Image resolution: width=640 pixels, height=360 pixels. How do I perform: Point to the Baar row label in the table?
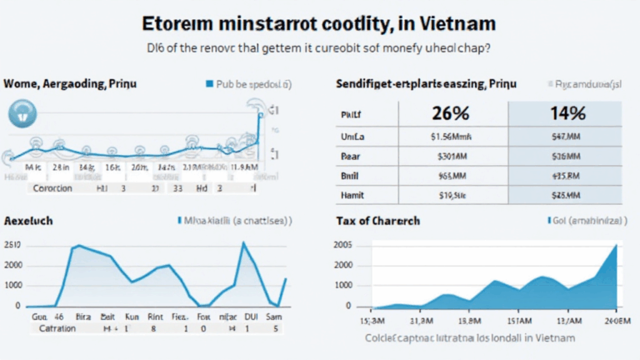click(349, 155)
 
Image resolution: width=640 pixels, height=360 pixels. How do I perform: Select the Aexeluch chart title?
click(30, 221)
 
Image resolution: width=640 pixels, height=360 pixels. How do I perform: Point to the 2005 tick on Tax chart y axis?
click(342, 245)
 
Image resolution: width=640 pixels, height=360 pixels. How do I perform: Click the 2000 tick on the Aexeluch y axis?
click(13, 265)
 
